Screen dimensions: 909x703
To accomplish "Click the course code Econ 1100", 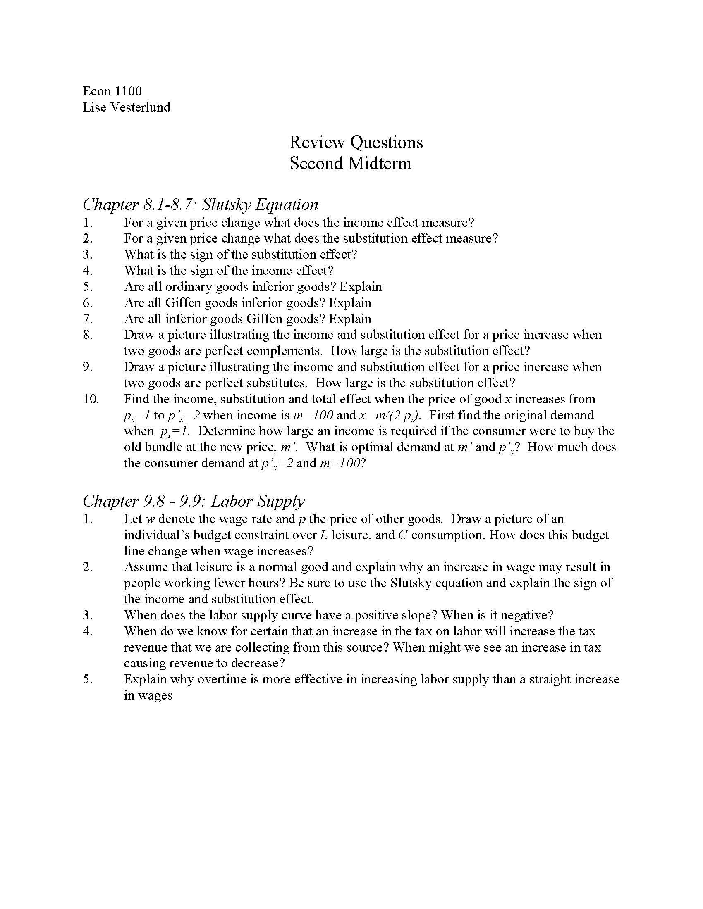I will tap(112, 91).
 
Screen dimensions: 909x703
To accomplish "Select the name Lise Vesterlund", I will tap(126, 107).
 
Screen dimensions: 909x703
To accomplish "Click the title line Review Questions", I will tap(356, 143).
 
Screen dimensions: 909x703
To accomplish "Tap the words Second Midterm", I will tap(350, 163).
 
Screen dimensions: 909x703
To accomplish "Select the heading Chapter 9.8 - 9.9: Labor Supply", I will tap(194, 501).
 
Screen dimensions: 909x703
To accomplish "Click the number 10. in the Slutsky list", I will tap(91, 399).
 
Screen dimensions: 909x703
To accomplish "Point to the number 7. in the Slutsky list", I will tap(87, 319).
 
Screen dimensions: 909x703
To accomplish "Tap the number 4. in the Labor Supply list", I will tap(87, 631).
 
